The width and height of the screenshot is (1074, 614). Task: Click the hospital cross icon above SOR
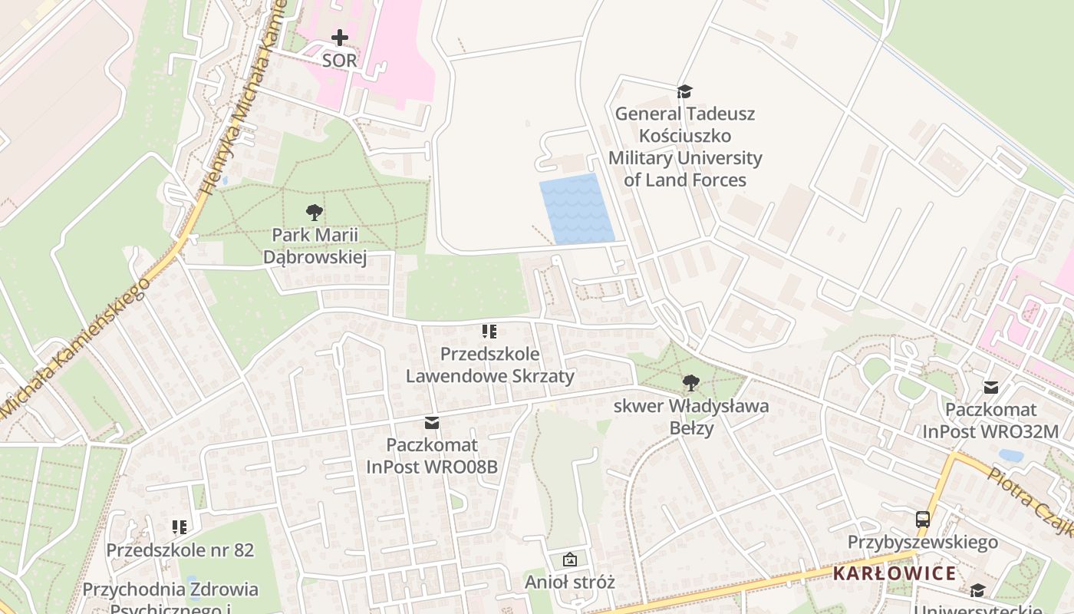[x=339, y=37]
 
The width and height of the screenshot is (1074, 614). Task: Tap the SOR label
[x=339, y=61]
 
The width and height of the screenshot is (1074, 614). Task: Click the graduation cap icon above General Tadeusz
[x=684, y=91]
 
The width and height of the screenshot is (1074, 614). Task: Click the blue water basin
[x=577, y=209]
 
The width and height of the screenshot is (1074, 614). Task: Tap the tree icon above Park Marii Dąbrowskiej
[x=314, y=213]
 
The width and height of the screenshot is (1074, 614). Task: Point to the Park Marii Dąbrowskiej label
[x=315, y=246]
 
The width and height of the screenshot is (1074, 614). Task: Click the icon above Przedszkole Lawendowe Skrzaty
[x=489, y=332]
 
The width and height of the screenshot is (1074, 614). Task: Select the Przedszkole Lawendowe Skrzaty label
[x=489, y=365]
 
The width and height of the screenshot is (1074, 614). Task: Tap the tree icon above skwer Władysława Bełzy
[x=690, y=382]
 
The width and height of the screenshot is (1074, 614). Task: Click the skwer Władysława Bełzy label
[x=690, y=417]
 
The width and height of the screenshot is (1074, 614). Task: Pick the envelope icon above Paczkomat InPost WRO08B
[x=432, y=422]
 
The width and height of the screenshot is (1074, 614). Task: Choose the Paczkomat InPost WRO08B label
[x=432, y=456]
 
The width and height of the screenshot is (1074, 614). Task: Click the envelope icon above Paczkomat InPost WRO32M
[x=990, y=387]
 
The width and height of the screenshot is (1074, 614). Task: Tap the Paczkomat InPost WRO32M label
[x=990, y=421]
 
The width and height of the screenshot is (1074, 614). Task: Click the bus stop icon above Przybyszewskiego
[x=922, y=520]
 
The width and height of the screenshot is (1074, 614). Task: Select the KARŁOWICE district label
[x=894, y=573]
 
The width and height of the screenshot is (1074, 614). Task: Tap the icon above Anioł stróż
[x=569, y=560]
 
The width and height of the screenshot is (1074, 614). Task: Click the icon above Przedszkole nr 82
[x=180, y=527]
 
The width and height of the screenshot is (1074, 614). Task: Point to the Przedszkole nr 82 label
[x=180, y=550]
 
